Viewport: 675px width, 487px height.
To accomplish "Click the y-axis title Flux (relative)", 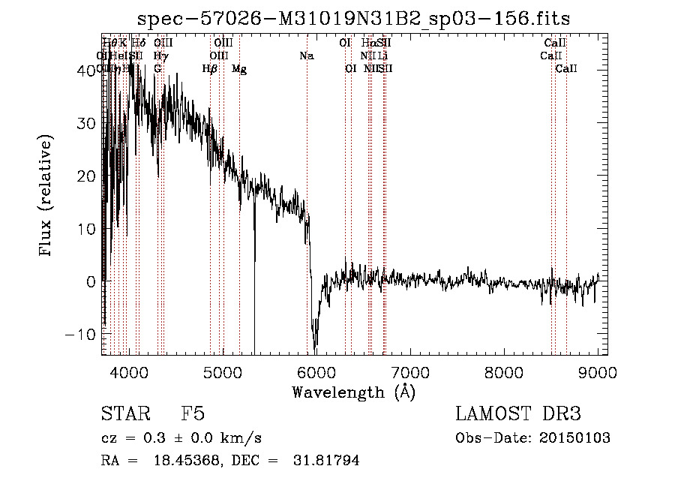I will coord(46,197).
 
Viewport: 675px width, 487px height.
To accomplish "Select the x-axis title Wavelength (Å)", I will coord(353,392).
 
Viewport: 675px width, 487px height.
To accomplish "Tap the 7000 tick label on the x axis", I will coord(410,372).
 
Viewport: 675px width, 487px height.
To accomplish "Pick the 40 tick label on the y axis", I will coord(88,70).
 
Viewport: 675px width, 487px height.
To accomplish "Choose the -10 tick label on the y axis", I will coord(82,334).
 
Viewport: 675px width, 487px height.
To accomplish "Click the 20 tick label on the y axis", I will coord(88,176).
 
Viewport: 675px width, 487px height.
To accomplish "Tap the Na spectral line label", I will coord(306,56).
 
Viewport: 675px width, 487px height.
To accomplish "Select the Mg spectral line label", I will coord(238,69).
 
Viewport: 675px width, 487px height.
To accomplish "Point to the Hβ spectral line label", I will coord(209,69).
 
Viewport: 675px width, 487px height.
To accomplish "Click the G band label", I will coord(157,69).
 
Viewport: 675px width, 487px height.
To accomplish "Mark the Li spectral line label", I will coord(382,56).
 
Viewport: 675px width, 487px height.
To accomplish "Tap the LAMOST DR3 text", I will coord(517,414).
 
